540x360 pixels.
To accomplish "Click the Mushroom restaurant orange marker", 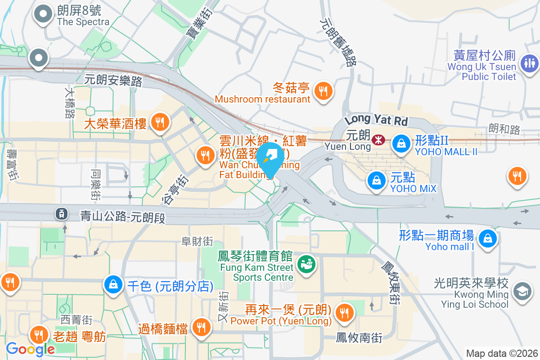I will (x=323, y=91).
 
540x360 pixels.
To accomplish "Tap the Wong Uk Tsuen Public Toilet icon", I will (x=529, y=63).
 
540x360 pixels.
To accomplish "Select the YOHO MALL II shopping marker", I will (x=400, y=144).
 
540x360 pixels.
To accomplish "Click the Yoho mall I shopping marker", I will (x=487, y=238).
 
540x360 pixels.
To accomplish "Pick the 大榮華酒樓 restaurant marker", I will (x=159, y=121).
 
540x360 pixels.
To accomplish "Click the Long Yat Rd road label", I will (x=376, y=120).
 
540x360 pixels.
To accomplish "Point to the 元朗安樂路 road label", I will (x=113, y=81).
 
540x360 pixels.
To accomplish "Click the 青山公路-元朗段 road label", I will (x=123, y=217).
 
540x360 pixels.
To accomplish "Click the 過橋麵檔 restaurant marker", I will (x=200, y=327).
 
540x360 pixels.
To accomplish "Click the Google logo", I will (x=30, y=349).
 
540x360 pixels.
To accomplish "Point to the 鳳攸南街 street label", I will (x=360, y=337).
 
